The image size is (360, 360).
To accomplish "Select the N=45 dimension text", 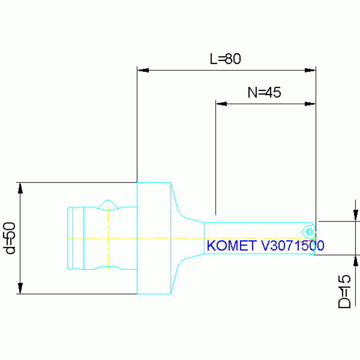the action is (x=264, y=92).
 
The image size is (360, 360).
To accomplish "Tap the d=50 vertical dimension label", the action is (x=10, y=238).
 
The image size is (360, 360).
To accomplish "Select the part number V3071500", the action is (x=291, y=246).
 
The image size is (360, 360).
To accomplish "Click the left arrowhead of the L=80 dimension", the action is (x=143, y=70).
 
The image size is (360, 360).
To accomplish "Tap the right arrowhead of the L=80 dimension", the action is (x=310, y=70).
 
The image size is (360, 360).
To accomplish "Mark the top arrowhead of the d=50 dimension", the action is (x=20, y=188).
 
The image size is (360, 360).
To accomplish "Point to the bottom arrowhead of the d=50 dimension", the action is (x=20, y=288).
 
